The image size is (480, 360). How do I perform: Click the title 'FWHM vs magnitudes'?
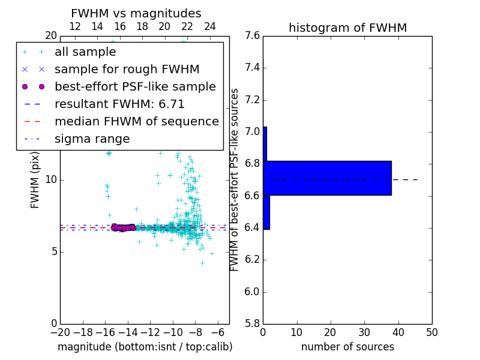pyautogui.click(x=136, y=13)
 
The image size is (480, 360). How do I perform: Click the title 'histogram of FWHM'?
pyautogui.click(x=347, y=28)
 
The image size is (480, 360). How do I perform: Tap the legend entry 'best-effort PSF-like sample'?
pyautogui.click(x=135, y=87)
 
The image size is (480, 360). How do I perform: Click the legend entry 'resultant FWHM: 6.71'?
pyautogui.click(x=119, y=104)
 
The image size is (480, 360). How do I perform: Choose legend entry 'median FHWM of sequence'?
pyautogui.click(x=136, y=122)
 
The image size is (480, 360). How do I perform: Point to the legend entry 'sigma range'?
pyautogui.click(x=92, y=139)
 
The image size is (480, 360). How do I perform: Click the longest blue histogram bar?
pyautogui.click(x=328, y=178)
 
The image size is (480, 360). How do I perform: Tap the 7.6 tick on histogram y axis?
pyautogui.click(x=252, y=36)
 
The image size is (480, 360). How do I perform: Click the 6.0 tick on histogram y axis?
pyautogui.click(x=252, y=292)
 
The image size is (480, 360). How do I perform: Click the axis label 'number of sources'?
pyautogui.click(x=347, y=347)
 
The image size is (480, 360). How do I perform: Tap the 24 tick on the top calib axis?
pyautogui.click(x=210, y=26)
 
